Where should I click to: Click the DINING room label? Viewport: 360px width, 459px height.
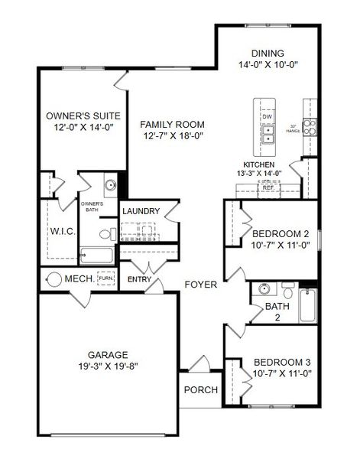click(x=268, y=53)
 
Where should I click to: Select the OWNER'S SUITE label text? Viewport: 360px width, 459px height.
click(x=79, y=117)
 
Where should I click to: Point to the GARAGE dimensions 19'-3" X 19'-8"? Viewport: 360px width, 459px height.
click(x=107, y=366)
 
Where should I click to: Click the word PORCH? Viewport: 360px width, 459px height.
click(x=201, y=390)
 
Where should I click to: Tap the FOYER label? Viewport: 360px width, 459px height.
click(x=201, y=285)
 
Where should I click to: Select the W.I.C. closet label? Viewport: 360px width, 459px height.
click(x=62, y=231)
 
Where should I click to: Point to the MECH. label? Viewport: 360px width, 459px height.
click(x=80, y=279)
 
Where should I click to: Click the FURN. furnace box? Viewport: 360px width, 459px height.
click(x=105, y=279)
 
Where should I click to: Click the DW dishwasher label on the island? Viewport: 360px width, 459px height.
click(x=268, y=116)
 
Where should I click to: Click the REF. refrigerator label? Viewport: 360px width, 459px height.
click(x=268, y=187)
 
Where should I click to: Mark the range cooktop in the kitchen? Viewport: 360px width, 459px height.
click(x=310, y=127)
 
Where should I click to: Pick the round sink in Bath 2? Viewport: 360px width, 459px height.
click(x=264, y=290)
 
